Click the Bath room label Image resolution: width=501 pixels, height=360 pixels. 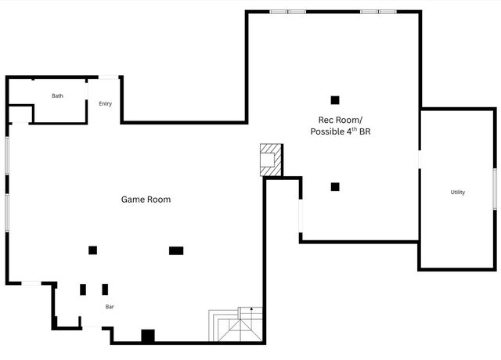pyautogui.click(x=57, y=96)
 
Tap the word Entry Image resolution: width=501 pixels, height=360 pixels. pyautogui.click(x=105, y=104)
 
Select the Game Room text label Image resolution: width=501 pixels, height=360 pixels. pyautogui.click(x=146, y=200)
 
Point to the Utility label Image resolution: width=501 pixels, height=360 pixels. pyautogui.click(x=457, y=193)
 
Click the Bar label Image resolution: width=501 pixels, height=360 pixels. pyautogui.click(x=110, y=307)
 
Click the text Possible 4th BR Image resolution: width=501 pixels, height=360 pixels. pyautogui.click(x=340, y=132)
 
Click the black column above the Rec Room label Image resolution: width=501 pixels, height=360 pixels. pyautogui.click(x=335, y=100)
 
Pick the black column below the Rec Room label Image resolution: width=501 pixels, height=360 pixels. pyautogui.click(x=335, y=186)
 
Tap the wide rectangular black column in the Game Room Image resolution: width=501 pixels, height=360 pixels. pyautogui.click(x=176, y=250)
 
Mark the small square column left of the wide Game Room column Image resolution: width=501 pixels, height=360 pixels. pyautogui.click(x=92, y=250)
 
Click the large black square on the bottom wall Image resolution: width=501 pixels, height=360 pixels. pyautogui.click(x=147, y=336)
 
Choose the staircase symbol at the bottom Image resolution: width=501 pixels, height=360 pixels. pyautogui.click(x=236, y=325)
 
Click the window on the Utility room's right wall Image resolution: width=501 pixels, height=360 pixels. pyautogui.click(x=494, y=189)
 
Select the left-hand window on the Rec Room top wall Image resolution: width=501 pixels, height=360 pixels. pyautogui.click(x=287, y=12)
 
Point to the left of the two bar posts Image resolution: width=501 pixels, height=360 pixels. pyautogui.click(x=83, y=290)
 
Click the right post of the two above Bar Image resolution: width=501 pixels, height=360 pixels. pyautogui.click(x=105, y=290)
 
